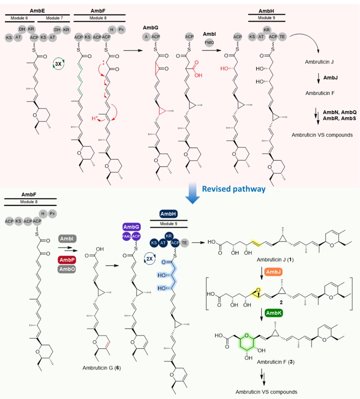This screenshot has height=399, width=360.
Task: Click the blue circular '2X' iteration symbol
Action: click(x=148, y=258)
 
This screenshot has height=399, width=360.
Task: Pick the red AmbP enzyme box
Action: click(x=67, y=260)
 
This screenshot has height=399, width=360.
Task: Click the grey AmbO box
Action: click(x=67, y=268)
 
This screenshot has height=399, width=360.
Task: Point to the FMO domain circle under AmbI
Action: click(x=209, y=42)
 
